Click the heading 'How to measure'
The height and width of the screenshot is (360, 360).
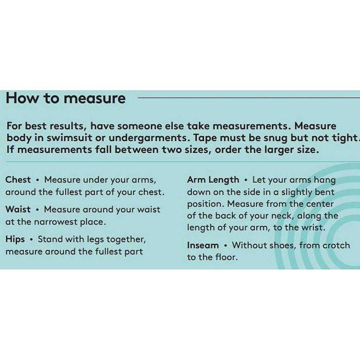click(x=66, y=99)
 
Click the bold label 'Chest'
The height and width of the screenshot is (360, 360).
click(x=18, y=180)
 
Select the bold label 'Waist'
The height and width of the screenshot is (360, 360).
click(x=18, y=209)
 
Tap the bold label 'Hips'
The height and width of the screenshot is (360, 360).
click(x=15, y=240)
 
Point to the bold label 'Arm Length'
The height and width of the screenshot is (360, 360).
click(x=213, y=180)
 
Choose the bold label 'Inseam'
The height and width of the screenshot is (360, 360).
click(x=203, y=245)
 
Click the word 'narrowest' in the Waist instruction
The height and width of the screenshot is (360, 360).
click(x=56, y=222)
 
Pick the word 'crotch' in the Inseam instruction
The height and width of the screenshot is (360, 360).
click(x=336, y=245)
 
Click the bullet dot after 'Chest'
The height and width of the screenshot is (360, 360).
click(x=37, y=180)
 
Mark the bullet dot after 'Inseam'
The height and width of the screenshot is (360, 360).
click(x=226, y=246)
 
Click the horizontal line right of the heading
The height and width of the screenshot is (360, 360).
click(x=249, y=98)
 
